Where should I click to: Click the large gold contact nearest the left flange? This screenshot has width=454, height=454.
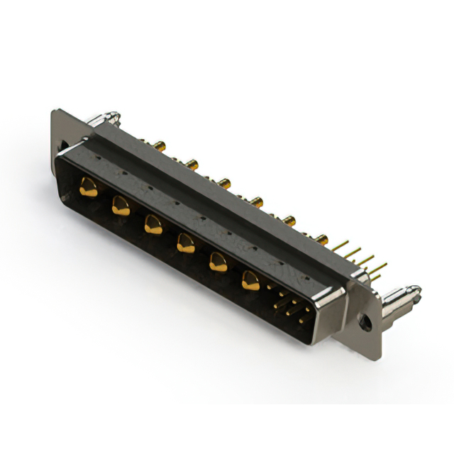pyautogui.click(x=89, y=188)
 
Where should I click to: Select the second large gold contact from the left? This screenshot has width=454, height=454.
pyautogui.click(x=120, y=206)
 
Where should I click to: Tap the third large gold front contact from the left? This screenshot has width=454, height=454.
pyautogui.click(x=152, y=226)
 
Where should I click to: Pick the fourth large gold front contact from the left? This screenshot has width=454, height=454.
pyautogui.click(x=185, y=244)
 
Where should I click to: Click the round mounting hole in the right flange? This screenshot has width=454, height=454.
pyautogui.click(x=367, y=322)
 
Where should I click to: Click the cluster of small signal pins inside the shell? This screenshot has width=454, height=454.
pyautogui.click(x=290, y=306)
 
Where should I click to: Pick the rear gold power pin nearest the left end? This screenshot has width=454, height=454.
pyautogui.click(x=162, y=146)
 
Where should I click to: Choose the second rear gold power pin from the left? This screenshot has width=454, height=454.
pyautogui.click(x=192, y=165)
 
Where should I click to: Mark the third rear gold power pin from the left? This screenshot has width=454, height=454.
pyautogui.click(x=224, y=184)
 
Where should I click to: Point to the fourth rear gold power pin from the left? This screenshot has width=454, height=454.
pyautogui.click(x=257, y=202)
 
